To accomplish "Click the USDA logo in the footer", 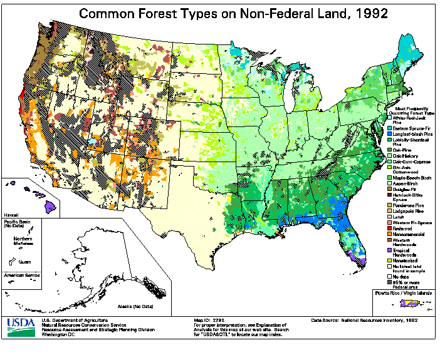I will [x=22, y=324].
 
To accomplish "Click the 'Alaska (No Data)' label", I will [x=135, y=306].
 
